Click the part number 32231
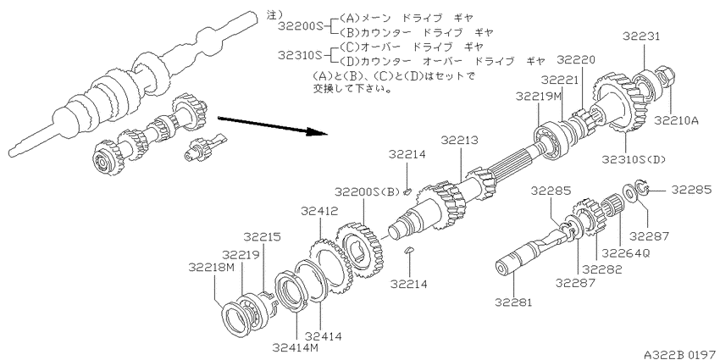tap(641, 36)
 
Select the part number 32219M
tap(539, 97)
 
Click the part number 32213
tap(460, 140)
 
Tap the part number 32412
tap(320, 211)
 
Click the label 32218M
tap(211, 267)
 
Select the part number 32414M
tap(295, 347)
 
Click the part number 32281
tap(514, 302)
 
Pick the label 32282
tap(603, 269)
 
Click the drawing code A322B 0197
tap(680, 354)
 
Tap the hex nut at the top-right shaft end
tap(662, 80)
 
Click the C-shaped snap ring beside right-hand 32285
tap(641, 189)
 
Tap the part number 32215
tap(263, 237)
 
